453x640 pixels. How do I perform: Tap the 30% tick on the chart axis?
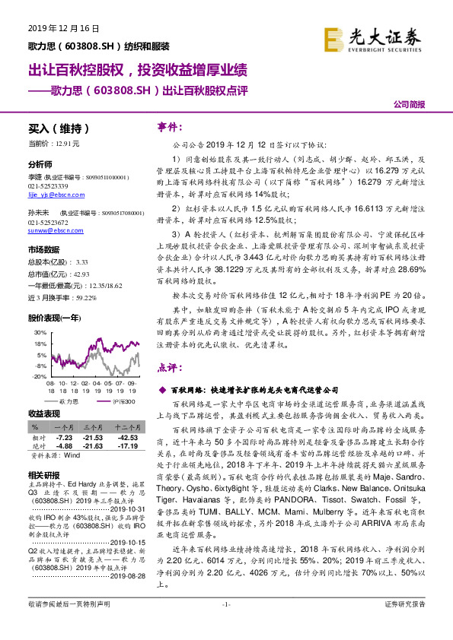(38, 333)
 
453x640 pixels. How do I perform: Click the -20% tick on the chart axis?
(37, 376)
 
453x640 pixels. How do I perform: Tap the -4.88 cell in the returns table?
(64, 445)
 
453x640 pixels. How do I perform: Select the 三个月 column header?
(94, 428)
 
